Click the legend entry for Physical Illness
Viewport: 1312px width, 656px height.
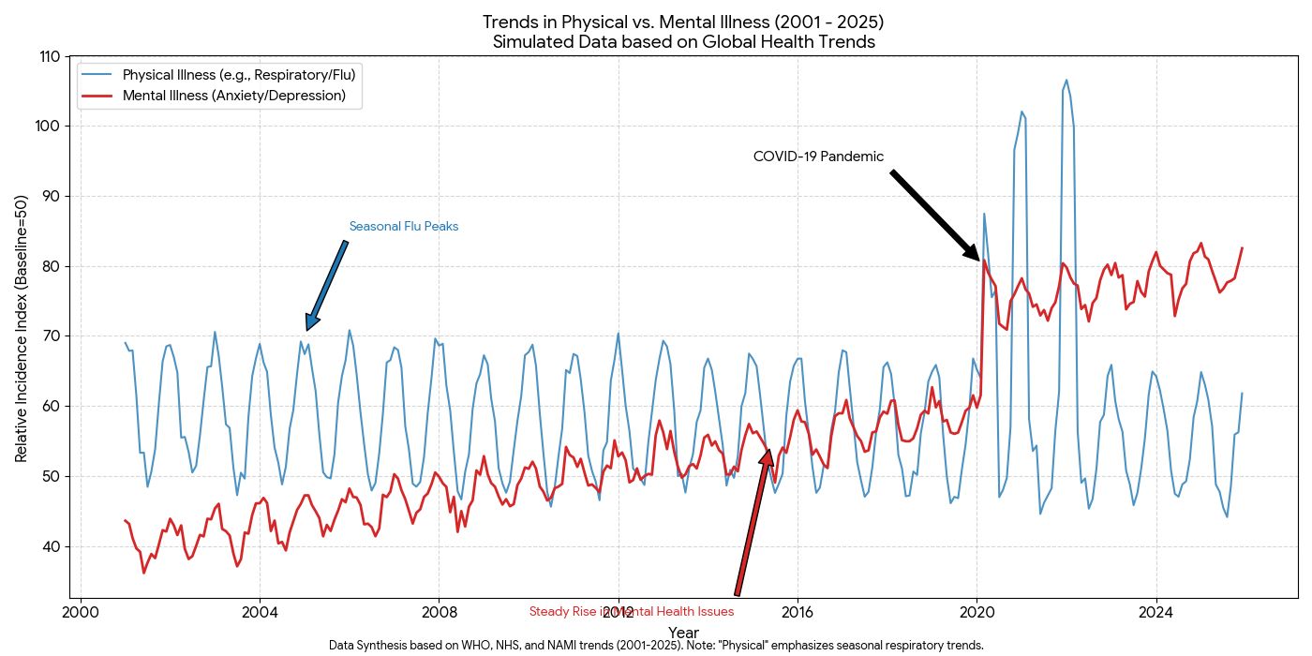click(x=238, y=74)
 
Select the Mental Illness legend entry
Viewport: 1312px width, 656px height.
click(x=233, y=96)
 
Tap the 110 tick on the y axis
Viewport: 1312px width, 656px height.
click(x=50, y=56)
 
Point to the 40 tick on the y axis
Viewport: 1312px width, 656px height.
click(x=52, y=546)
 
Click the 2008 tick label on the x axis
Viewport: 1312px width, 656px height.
click(x=439, y=614)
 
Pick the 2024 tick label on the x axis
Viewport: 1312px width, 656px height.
click(x=1155, y=614)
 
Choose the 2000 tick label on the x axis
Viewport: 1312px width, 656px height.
click(x=81, y=614)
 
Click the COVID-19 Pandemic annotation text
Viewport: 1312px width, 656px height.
click(x=818, y=157)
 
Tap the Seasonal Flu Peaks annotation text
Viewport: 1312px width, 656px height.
click(x=403, y=227)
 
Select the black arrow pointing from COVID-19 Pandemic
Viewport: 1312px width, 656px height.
click(x=934, y=215)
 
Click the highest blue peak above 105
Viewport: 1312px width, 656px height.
click(x=1066, y=82)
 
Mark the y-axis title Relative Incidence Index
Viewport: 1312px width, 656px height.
click(x=22, y=328)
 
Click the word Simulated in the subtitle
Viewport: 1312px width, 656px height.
click(x=528, y=42)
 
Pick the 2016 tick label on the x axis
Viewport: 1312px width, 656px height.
click(x=798, y=614)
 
